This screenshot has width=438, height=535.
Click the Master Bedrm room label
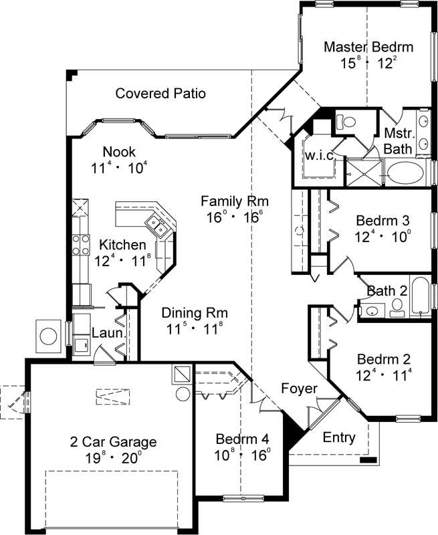point(368,47)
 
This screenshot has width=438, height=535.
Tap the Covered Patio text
point(160,93)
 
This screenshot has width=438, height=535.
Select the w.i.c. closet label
point(320,155)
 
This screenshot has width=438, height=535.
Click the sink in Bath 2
point(370,309)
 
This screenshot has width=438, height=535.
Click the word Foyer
point(299,389)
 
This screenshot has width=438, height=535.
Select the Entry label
point(339,438)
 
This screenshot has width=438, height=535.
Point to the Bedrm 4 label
point(242,439)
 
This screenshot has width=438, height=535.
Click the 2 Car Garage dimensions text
point(114,458)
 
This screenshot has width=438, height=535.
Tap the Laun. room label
point(106,332)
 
